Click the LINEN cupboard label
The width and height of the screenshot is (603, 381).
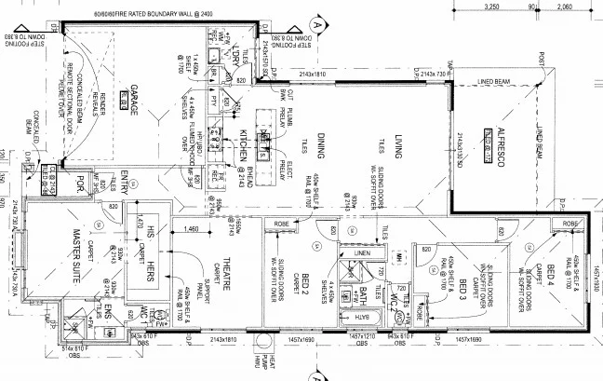pos(362,252)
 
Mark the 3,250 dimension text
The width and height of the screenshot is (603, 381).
pos(494,7)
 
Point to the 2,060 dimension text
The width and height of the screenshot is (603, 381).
pos(564,7)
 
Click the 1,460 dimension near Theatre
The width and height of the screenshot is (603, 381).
pos(192,228)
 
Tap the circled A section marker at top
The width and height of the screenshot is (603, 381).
pos(317,25)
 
